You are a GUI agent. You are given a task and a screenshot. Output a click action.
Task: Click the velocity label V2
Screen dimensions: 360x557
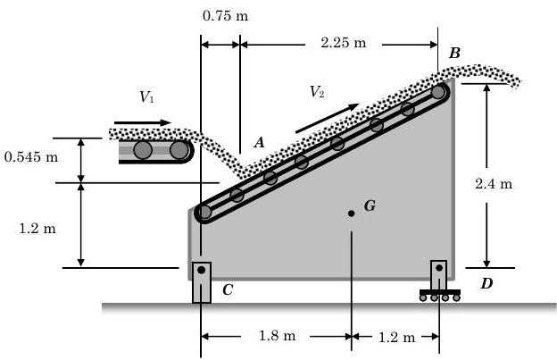317,91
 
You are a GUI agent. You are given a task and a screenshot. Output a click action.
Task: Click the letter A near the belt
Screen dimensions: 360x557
259,142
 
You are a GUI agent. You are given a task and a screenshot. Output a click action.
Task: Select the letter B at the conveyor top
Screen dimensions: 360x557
455,54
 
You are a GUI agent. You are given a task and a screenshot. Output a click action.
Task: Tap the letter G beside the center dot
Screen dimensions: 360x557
370,206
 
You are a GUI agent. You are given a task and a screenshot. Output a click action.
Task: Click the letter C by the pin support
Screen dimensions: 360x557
228,289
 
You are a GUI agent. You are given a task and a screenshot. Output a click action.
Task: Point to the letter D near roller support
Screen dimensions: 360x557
486,284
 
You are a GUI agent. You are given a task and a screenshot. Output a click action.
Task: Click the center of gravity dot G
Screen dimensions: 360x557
352,213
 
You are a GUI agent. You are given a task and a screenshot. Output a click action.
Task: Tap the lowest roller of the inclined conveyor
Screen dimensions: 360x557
204,213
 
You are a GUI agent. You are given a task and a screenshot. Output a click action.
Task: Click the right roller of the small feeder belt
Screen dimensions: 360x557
179,150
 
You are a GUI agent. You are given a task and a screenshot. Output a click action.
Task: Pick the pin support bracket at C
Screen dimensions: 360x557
203,281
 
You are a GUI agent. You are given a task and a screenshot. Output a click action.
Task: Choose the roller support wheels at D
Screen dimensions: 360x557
440,297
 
